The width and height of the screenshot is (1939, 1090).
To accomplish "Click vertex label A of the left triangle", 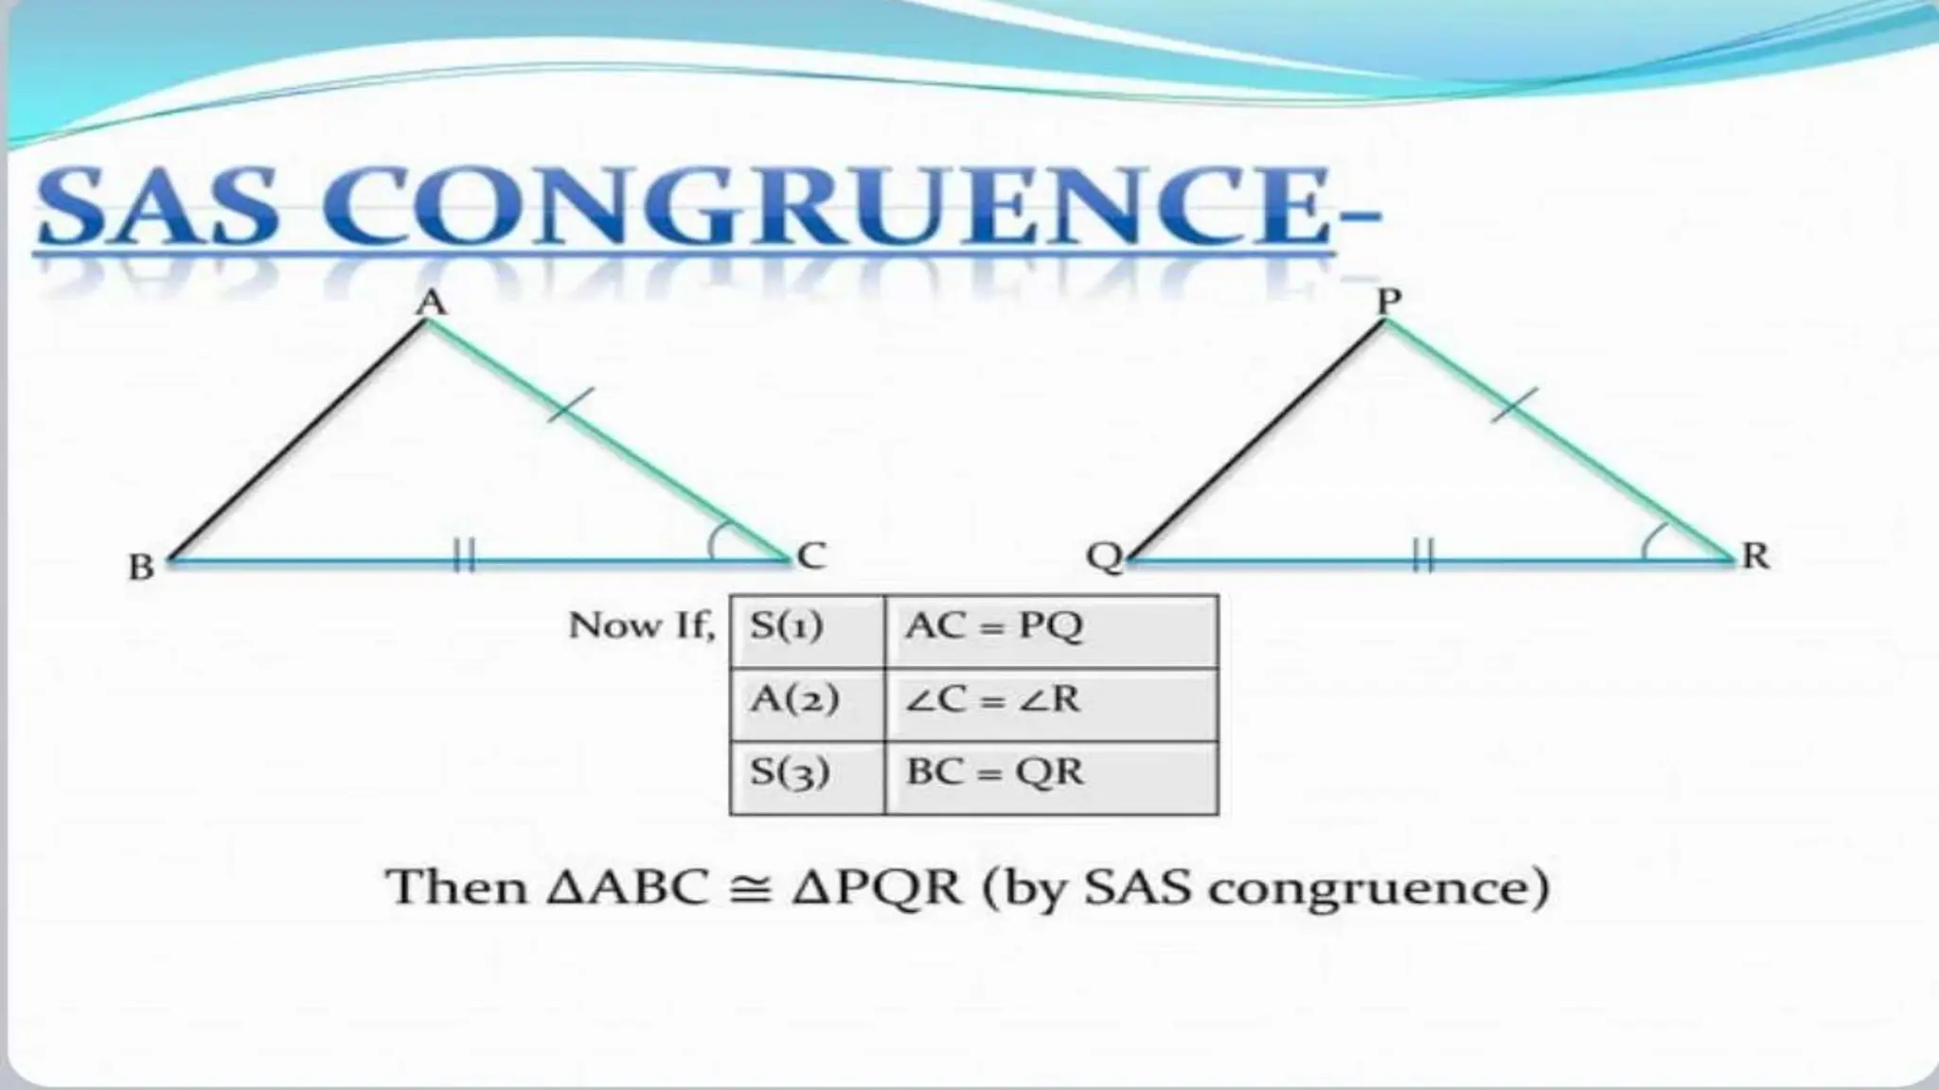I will point(432,302).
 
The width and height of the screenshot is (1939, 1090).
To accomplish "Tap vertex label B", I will point(141,567).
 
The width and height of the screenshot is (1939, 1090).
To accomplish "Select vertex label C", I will point(811,555).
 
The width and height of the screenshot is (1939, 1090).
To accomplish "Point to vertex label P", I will point(1388,301).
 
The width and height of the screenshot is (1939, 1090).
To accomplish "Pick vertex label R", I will point(1755,555).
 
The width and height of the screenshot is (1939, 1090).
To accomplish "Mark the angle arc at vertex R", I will point(1652,542).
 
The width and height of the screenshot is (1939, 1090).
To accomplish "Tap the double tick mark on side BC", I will point(463,555).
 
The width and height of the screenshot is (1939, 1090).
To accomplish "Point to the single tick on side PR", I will point(1514,404).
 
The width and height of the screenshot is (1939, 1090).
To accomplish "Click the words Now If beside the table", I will point(641,625).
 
